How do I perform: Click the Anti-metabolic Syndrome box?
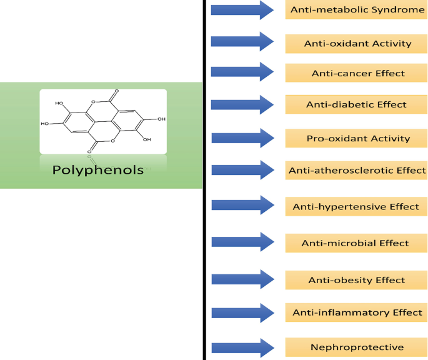356,10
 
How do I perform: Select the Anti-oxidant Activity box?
356,44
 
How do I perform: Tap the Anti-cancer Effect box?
356,73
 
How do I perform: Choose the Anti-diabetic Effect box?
356,104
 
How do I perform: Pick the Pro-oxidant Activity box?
356,138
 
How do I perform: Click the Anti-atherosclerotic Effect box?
356,170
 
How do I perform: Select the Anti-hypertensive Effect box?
356,206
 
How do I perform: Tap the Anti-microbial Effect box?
356,243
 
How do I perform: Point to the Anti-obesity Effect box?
356,280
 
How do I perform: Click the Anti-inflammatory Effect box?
356,312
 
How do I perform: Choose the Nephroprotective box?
356,347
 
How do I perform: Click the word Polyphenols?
97,170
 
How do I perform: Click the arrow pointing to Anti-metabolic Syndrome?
242,10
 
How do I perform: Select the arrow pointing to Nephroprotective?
242,348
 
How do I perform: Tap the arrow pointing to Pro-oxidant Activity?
242,138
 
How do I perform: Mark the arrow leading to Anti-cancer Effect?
242,71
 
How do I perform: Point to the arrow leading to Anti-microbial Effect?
242,242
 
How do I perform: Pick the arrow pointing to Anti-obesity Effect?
242,279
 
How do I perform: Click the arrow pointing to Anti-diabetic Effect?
242,104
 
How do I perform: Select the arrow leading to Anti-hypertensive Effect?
242,205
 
